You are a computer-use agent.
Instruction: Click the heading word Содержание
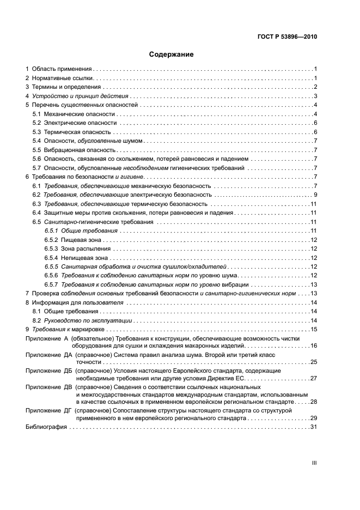tap(172, 54)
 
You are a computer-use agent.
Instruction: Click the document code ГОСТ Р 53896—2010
tap(286, 37)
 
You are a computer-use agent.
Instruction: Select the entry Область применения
tap(62, 70)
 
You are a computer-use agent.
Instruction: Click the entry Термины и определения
tap(66, 87)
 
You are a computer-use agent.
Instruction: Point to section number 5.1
tap(37, 114)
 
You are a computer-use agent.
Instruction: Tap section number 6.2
tap(37, 195)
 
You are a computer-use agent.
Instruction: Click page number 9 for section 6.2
tap(315, 195)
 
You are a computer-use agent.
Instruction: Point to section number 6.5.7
tap(51, 284)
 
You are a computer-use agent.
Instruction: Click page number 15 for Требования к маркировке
tap(314, 329)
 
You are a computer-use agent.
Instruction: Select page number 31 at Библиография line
tap(314, 427)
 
